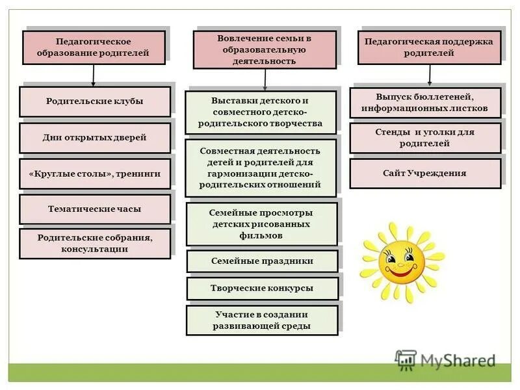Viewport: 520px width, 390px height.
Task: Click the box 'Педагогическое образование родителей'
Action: [x=94, y=47]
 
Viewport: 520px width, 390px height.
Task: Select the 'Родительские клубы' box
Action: [x=95, y=101]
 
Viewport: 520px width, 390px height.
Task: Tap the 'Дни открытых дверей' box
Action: [x=95, y=138]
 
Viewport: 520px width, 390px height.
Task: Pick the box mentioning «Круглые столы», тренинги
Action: [x=95, y=174]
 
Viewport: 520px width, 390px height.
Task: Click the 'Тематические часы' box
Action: [x=95, y=209]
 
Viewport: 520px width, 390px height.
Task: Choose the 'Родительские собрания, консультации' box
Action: [x=95, y=244]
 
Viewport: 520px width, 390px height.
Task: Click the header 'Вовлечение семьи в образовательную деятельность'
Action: [x=265, y=49]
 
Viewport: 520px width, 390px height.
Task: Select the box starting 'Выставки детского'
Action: [x=261, y=112]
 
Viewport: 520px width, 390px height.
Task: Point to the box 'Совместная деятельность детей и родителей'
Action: [x=261, y=168]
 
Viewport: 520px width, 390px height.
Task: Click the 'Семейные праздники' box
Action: [x=262, y=261]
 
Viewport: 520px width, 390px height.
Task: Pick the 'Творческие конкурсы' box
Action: [x=262, y=288]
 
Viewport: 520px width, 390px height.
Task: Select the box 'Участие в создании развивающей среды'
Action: [x=262, y=320]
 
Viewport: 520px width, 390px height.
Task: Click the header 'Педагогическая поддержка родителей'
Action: [x=429, y=47]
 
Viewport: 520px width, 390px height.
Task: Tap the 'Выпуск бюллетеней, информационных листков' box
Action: [x=425, y=103]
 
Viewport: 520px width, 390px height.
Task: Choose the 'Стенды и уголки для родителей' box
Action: [x=425, y=138]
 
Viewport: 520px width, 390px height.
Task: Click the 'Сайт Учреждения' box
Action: [x=425, y=174]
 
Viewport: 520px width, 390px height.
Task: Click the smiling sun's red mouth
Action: [x=401, y=274]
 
